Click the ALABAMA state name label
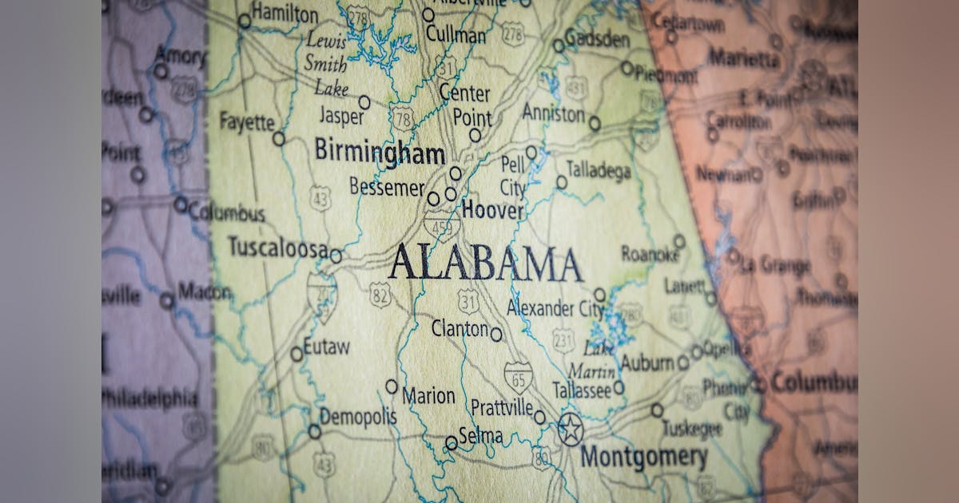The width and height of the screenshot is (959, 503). point(485,263)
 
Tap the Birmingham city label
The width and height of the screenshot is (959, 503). point(379,151)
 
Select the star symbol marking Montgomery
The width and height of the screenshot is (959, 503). point(570,430)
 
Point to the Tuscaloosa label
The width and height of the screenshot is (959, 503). point(277,247)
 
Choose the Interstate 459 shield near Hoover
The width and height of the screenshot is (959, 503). point(441,225)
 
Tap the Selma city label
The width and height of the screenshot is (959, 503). point(481,436)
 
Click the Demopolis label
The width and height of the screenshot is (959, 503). point(358,416)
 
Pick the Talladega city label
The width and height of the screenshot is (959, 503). point(599,169)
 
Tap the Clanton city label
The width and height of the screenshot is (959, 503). point(460,328)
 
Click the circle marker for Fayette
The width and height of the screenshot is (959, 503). point(278,139)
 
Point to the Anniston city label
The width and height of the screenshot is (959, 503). point(553,113)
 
